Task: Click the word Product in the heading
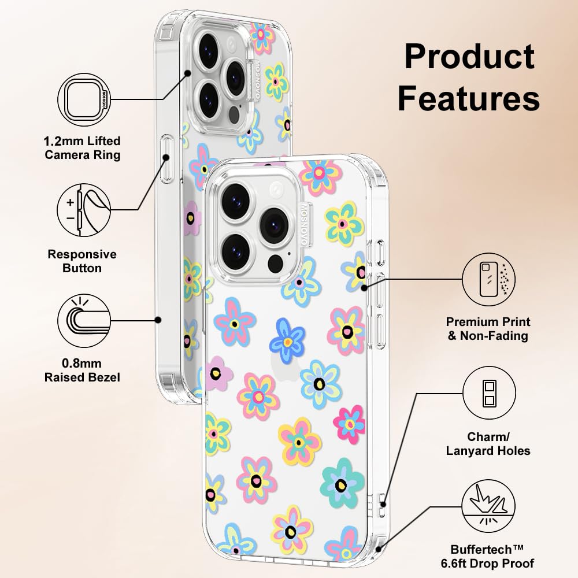coord(469,57)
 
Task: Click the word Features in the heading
coord(469,98)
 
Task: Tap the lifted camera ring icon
coord(84,99)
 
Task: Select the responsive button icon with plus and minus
coord(84,210)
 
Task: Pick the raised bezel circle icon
coord(84,321)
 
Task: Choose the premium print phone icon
coord(489,279)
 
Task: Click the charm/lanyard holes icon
coord(489,393)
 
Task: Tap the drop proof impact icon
coord(489,506)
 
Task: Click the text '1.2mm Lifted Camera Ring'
coord(82,148)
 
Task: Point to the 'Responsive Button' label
coord(82,261)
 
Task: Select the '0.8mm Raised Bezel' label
coord(82,370)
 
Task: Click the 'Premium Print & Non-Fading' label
coord(488,328)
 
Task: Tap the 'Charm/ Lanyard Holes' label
coord(488,443)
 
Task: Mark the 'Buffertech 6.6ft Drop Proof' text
coord(487,556)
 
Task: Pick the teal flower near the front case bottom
coord(342,483)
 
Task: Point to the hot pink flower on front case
coord(350,424)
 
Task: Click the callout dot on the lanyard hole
coord(383,504)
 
